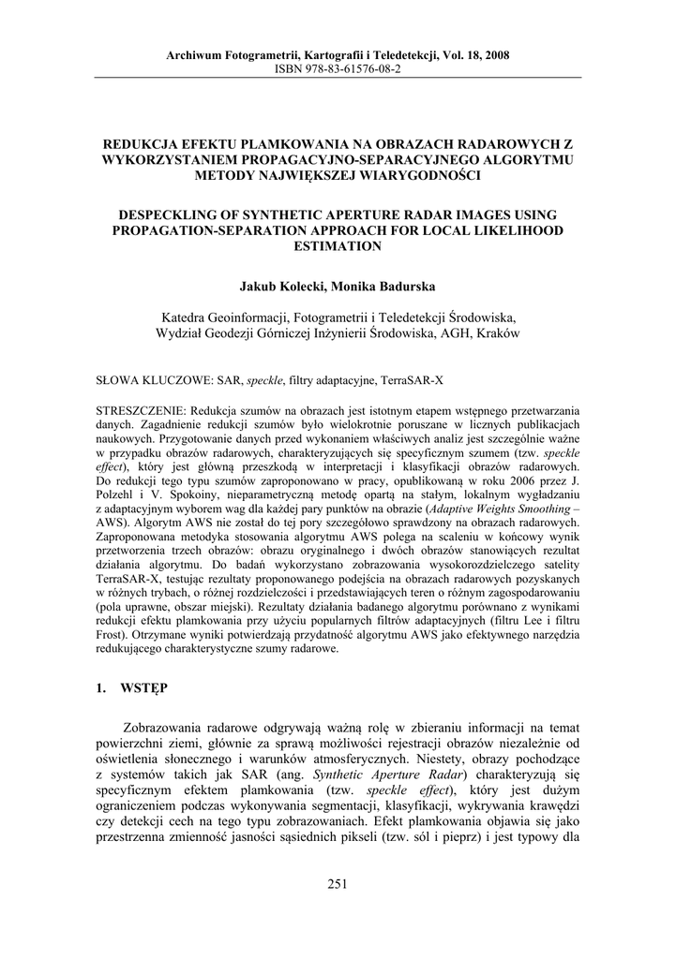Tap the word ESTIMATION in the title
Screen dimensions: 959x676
click(338, 246)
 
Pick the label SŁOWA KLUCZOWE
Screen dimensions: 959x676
click(155, 382)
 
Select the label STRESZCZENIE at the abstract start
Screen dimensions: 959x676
click(143, 412)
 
